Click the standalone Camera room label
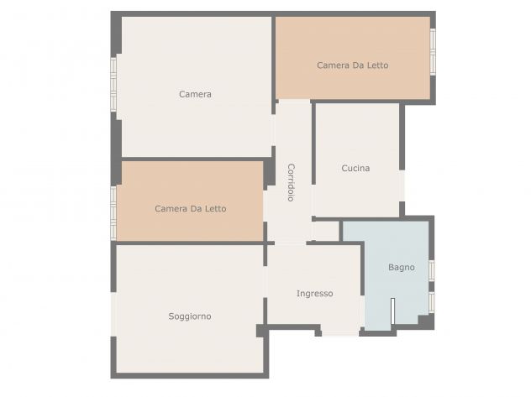[x=195, y=94]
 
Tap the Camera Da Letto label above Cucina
[x=353, y=65]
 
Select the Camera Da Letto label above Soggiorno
[x=191, y=208]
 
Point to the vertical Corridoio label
[x=291, y=183]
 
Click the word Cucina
[x=355, y=168]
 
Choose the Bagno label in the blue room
[x=402, y=267]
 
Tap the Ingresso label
[x=314, y=294]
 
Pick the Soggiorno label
[x=190, y=316]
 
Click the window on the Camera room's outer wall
[x=113, y=84]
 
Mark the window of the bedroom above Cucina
[x=433, y=52]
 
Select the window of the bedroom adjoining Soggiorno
[x=113, y=213]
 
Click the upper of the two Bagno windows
[x=432, y=270]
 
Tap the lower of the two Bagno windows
[x=432, y=302]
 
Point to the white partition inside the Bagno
[x=392, y=311]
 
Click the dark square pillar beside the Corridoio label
[x=270, y=172]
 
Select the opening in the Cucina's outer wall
[x=402, y=185]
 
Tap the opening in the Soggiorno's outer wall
[x=113, y=314]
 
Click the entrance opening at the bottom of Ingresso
[x=340, y=333]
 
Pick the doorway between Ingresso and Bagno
[x=362, y=311]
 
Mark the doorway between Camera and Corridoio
[x=273, y=130]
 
